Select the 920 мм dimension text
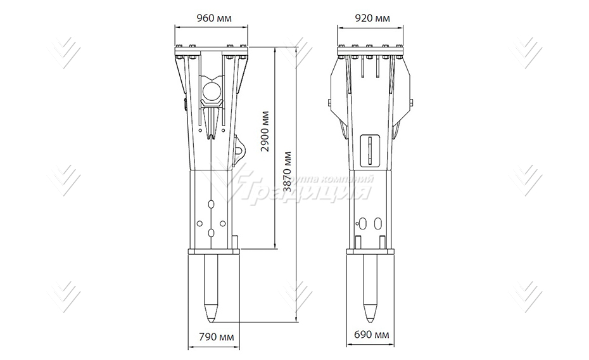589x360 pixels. (370, 18)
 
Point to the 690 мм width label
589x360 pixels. (371, 334)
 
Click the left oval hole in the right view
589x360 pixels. (364, 223)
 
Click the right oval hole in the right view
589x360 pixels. (378, 223)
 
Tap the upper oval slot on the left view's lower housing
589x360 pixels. (212, 204)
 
